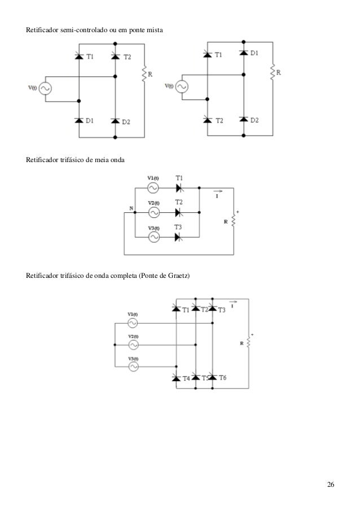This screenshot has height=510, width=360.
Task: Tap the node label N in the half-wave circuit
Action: (131, 208)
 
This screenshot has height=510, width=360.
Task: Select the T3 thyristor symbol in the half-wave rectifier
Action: (178, 237)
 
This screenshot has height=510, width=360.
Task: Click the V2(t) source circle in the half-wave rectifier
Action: (153, 212)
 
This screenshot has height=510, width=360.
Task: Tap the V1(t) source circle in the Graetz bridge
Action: (133, 323)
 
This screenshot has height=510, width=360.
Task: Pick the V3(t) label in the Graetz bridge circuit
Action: (133, 359)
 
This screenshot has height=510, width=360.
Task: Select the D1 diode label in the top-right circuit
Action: (254, 53)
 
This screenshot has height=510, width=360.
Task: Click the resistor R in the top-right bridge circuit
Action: (273, 72)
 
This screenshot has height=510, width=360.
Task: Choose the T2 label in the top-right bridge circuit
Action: (219, 120)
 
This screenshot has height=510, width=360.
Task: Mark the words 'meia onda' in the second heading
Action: (109, 160)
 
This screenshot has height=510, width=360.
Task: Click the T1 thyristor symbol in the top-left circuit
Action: (78, 56)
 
